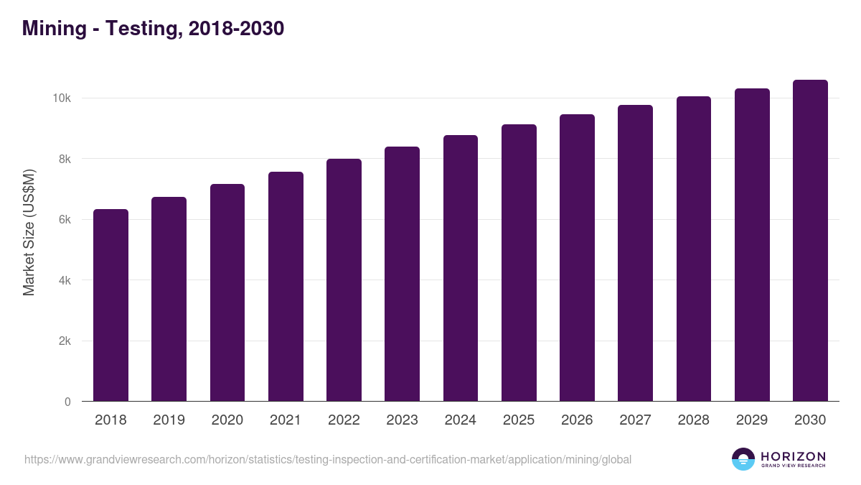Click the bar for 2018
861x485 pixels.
coord(110,305)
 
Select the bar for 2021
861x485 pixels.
coord(286,287)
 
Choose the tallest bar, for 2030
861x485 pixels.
coord(810,241)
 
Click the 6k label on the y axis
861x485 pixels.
coord(65,219)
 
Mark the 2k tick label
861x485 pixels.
coord(65,341)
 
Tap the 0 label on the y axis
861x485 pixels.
coord(67,402)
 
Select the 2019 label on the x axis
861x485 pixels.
coord(169,420)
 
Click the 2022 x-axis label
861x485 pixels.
coord(344,420)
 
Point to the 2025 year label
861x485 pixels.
coord(519,420)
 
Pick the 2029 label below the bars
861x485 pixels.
coord(752,420)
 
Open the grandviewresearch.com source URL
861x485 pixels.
coord(328,459)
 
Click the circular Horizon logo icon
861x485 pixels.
coord(743,459)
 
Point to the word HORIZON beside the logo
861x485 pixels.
coord(793,456)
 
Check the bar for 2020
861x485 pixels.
coord(227,293)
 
